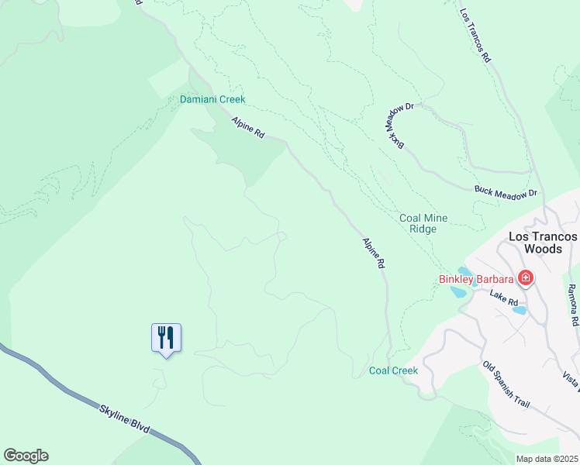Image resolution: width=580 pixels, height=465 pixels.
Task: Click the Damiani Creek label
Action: coord(212,99)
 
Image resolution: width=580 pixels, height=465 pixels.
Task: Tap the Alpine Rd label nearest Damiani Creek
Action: coord(248,128)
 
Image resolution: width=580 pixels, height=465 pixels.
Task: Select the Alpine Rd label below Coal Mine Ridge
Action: coord(374,253)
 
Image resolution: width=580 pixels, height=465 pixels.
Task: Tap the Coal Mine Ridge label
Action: coord(423,223)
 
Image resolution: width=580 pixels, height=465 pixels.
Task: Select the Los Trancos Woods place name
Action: coord(543,243)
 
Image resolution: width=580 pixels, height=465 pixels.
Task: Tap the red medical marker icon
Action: coord(526,277)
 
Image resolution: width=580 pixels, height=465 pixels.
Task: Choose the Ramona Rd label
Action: coord(572,305)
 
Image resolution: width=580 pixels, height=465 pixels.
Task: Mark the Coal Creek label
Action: coord(393,370)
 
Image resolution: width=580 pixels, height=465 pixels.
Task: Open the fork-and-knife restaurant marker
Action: coord(166,338)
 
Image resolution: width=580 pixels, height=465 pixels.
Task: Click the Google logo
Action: coord(26,456)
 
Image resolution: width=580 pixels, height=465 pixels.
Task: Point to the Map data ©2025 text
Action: coord(547,459)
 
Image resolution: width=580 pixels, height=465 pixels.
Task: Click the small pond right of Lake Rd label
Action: coord(520,310)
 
